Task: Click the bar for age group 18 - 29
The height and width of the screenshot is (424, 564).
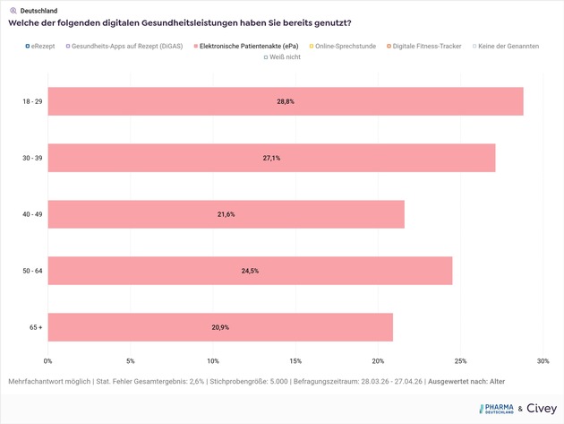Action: (285, 101)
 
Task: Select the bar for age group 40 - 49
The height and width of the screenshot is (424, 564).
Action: (226, 214)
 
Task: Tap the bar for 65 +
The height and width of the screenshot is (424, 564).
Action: (220, 327)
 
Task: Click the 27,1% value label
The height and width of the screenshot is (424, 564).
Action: (271, 158)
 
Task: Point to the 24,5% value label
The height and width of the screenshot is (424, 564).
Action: (250, 271)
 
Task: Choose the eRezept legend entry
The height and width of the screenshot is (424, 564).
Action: (40, 46)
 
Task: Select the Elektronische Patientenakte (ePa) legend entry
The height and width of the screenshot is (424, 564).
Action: (246, 46)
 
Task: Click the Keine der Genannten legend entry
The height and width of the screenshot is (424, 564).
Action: (507, 46)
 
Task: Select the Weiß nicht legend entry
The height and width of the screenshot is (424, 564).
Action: (282, 57)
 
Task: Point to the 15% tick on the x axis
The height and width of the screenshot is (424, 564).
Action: (295, 361)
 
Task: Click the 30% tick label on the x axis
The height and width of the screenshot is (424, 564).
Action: (543, 361)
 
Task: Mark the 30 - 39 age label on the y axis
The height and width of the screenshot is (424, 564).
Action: (32, 158)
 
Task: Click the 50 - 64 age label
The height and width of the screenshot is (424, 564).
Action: (32, 271)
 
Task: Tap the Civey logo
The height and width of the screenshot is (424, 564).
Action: (541, 409)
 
